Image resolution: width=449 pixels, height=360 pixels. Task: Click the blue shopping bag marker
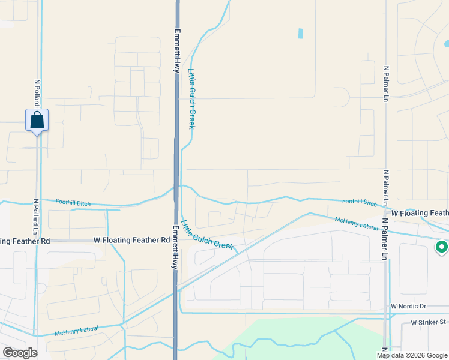(x=37, y=120)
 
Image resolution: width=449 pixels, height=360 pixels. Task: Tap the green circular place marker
(x=442, y=246)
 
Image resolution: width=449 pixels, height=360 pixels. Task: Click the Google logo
(x=20, y=353)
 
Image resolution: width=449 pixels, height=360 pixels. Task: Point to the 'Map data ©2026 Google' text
(x=412, y=355)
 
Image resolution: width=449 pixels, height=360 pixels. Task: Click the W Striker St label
(x=429, y=322)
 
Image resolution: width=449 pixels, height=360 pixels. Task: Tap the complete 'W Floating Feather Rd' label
(x=131, y=240)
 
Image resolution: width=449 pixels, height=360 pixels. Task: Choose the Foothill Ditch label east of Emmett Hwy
(x=359, y=202)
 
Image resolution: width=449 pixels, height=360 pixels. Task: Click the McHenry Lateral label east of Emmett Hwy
(x=357, y=224)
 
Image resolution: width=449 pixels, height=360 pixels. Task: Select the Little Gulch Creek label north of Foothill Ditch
(x=192, y=98)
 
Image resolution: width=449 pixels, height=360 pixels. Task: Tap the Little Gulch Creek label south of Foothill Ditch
(x=206, y=234)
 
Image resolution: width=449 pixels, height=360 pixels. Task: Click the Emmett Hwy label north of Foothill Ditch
(x=177, y=51)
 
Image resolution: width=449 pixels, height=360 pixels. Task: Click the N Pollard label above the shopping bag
(x=37, y=93)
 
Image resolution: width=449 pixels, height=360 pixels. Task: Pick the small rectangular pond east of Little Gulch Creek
(x=300, y=34)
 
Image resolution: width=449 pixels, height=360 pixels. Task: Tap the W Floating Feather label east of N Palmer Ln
(x=420, y=213)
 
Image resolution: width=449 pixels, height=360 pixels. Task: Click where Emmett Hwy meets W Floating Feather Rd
(x=177, y=240)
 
